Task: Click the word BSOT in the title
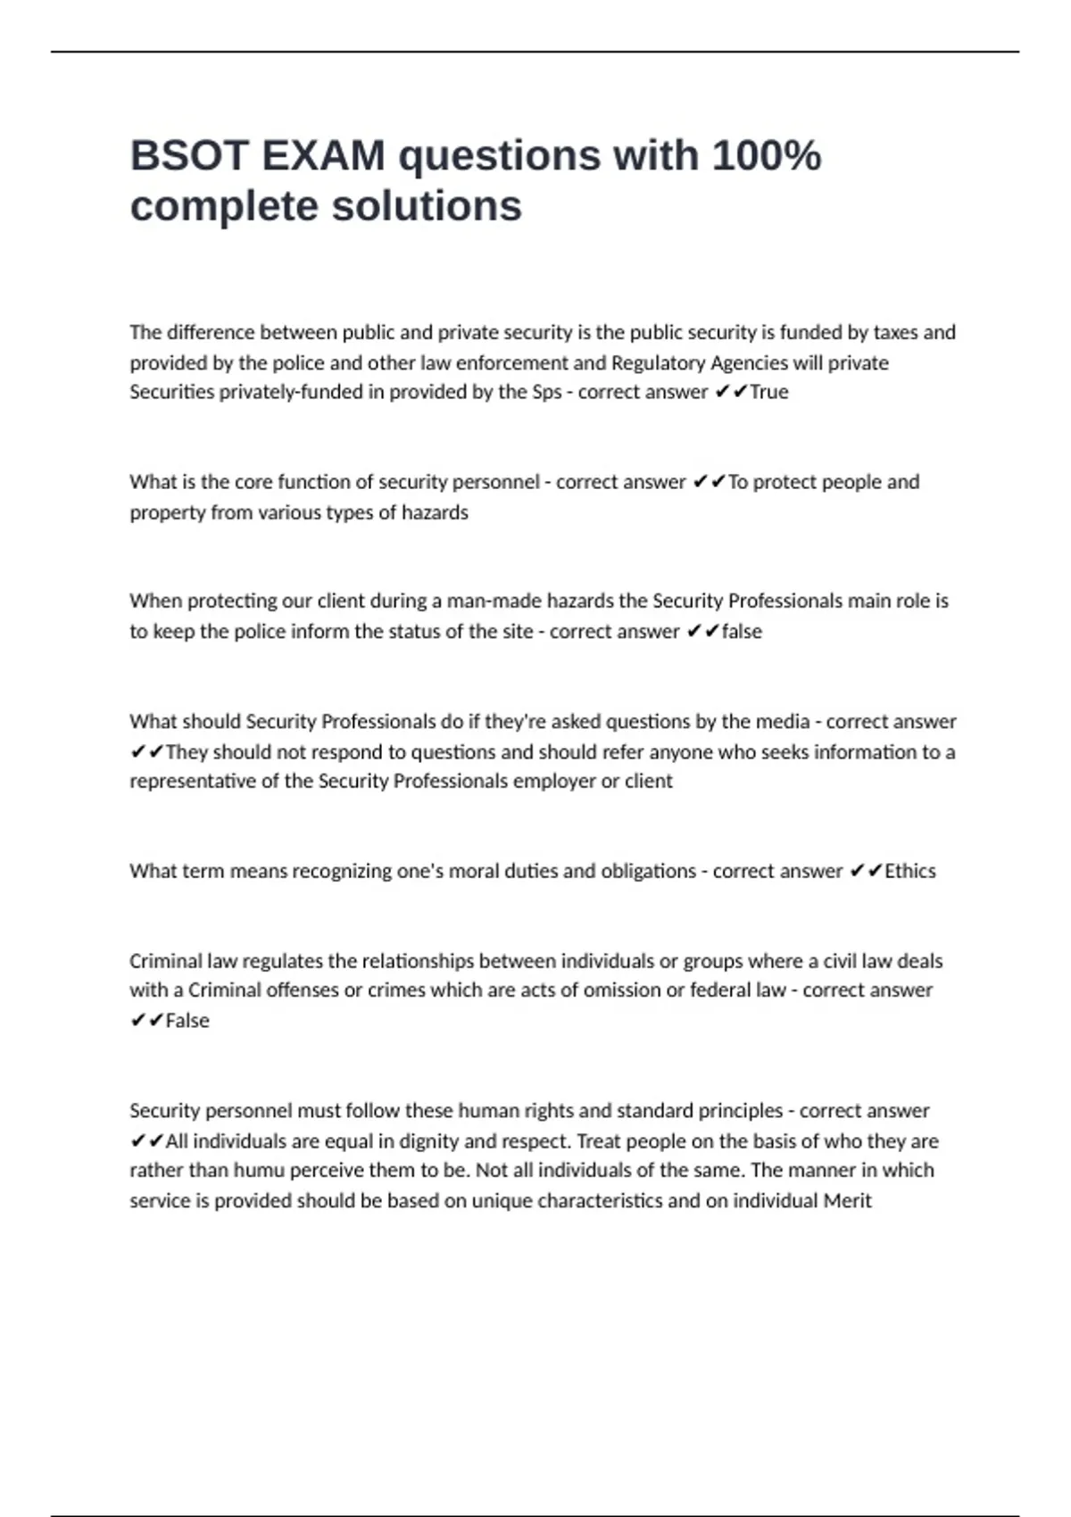188,156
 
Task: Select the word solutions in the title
427,206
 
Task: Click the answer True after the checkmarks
769,393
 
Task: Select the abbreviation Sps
547,393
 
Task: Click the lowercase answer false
742,632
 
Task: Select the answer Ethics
909,872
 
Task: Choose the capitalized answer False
187,1021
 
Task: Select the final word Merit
847,1201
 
